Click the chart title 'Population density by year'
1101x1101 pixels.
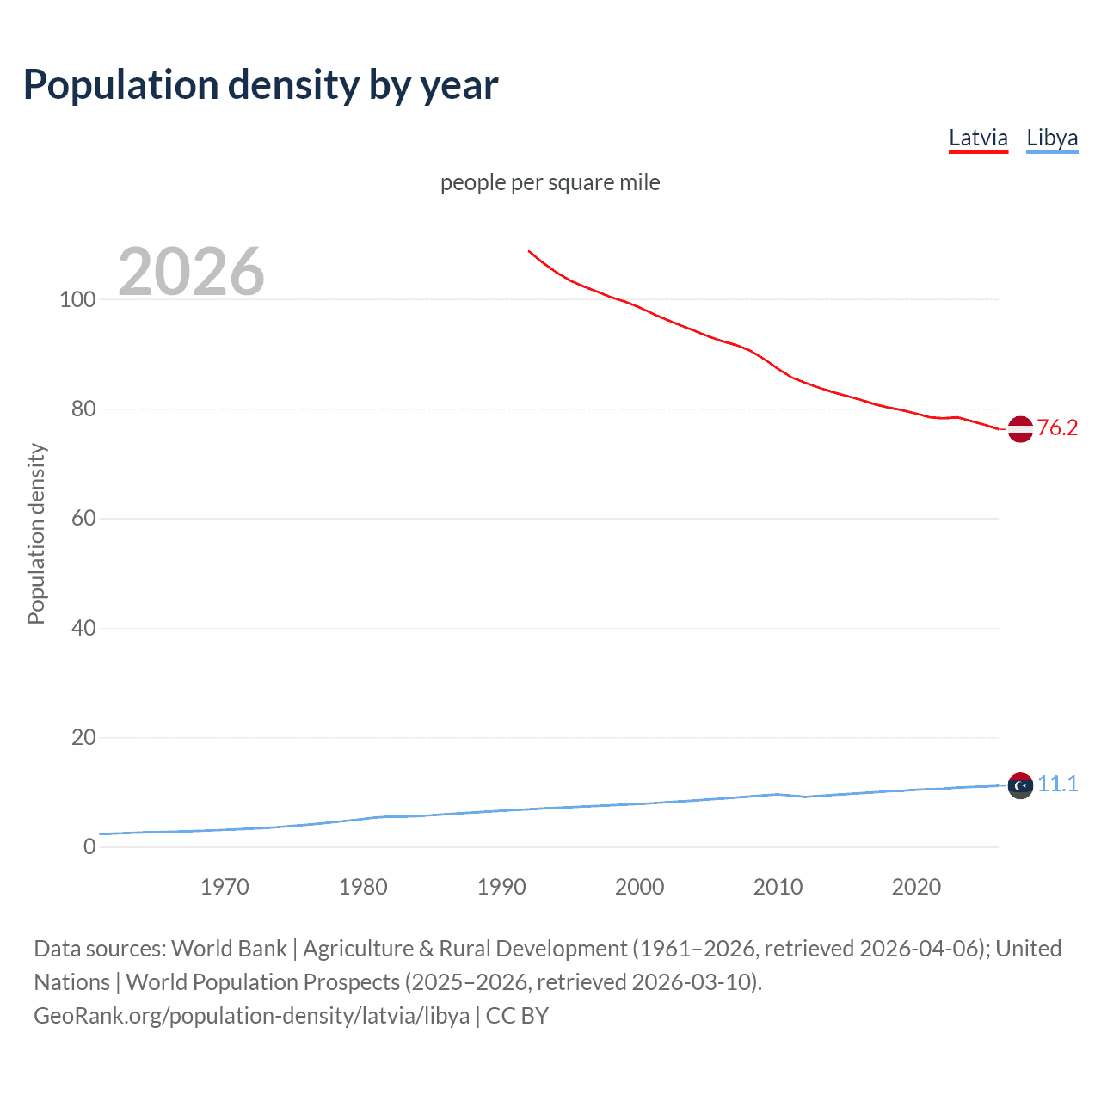point(261,85)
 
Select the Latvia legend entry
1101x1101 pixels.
point(978,138)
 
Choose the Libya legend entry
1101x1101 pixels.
point(1052,138)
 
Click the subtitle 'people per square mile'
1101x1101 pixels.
point(550,182)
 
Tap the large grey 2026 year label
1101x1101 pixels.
point(191,272)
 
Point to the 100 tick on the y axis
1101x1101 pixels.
point(77,299)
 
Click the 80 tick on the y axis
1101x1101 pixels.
point(83,409)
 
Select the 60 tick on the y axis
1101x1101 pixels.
point(83,518)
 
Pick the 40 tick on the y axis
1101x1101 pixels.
point(83,628)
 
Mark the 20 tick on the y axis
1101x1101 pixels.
point(83,737)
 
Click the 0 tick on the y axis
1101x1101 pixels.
point(89,846)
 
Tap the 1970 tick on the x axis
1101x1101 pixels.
point(225,887)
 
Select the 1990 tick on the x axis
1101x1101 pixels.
point(501,887)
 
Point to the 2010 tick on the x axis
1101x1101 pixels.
point(778,887)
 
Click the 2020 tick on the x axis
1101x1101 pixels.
point(916,887)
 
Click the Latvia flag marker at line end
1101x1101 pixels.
point(1020,428)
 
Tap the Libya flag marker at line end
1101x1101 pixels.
point(1020,785)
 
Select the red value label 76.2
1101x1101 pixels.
point(1057,427)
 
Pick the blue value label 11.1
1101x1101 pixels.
point(1057,784)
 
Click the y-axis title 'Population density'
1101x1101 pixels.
point(36,533)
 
